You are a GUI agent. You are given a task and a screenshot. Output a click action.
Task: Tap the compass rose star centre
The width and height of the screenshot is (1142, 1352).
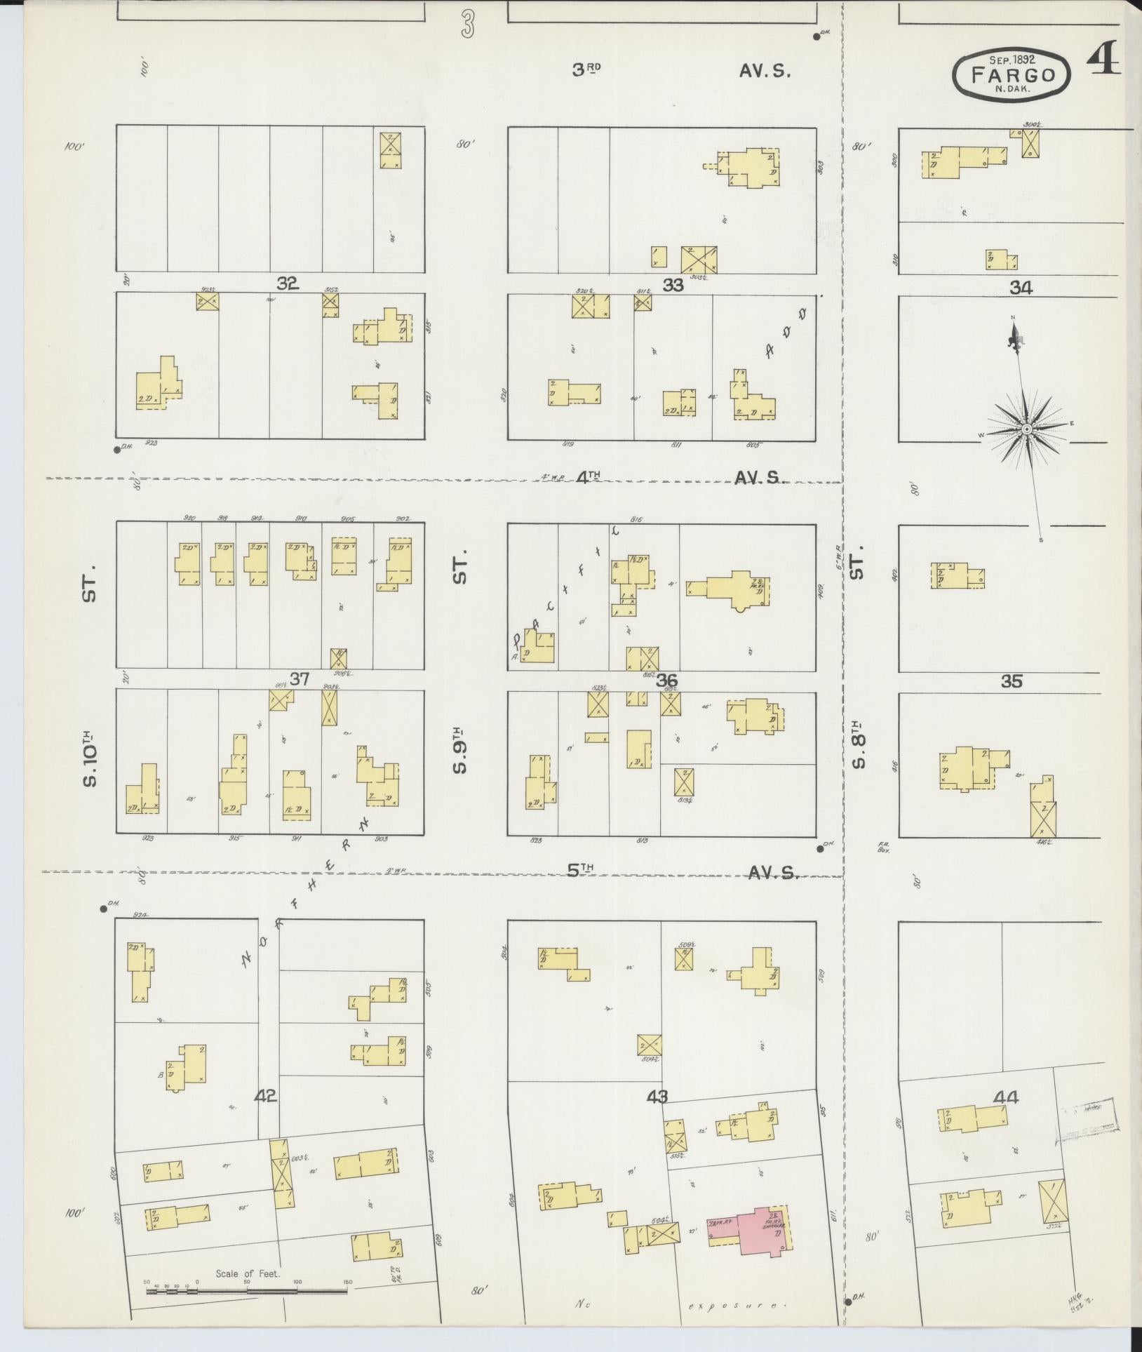[1026, 428]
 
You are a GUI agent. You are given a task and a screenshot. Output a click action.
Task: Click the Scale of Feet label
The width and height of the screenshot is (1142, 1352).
[248, 1273]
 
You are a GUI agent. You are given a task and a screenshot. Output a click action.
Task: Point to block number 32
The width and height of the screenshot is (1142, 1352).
[288, 283]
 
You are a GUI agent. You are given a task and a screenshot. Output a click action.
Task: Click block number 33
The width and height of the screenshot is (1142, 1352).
[673, 285]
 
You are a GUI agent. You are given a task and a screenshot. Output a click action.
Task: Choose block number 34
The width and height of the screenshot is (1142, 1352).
[1021, 287]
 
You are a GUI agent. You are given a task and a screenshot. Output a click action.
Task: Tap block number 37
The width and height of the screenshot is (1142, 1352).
[300, 678]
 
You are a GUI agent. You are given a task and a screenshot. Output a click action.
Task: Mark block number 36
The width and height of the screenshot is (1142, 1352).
[666, 680]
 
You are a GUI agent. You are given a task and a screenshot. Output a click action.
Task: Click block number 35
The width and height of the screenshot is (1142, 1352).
[1012, 681]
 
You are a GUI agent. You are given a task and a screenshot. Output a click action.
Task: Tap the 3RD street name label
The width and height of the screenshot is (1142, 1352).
[586, 69]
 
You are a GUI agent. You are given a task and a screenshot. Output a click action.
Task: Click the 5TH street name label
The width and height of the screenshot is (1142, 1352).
[581, 869]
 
